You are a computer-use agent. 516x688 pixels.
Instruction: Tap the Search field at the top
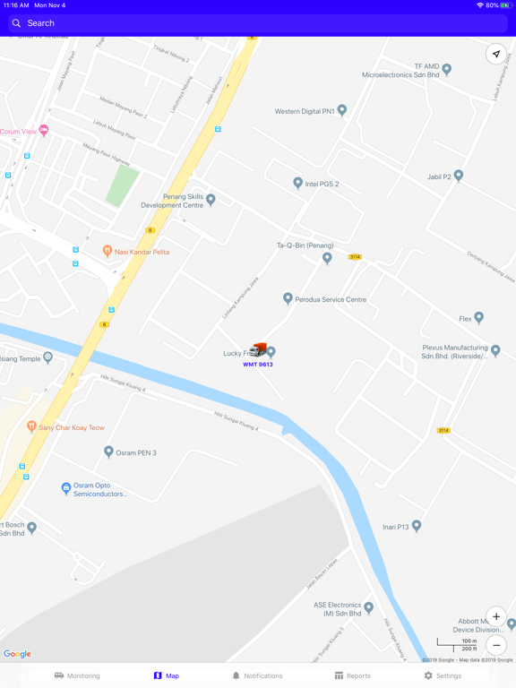258,23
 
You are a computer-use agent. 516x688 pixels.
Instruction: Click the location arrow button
496,54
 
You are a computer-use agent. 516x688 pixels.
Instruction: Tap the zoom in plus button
496,616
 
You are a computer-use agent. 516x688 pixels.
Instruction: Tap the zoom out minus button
496,645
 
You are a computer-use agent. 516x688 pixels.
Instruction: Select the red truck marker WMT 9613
259,350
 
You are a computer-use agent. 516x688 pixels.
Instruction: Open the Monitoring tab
77,675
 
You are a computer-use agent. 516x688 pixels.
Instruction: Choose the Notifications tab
257,675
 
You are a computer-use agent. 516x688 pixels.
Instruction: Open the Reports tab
352,675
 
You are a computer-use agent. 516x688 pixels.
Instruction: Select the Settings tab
443,675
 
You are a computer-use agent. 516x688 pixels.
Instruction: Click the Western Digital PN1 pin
342,111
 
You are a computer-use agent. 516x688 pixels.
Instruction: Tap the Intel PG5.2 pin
298,183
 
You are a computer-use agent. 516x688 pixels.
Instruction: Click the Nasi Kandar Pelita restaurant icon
107,252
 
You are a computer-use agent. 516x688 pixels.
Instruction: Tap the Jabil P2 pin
459,176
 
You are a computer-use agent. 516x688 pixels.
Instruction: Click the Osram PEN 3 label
136,453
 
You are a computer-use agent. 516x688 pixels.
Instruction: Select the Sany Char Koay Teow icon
32,427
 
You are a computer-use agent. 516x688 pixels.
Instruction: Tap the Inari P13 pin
417,526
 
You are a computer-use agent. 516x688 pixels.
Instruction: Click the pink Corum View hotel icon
44,131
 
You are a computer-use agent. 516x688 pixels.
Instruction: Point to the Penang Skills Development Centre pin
211,199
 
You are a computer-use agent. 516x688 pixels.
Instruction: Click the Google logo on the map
17,654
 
